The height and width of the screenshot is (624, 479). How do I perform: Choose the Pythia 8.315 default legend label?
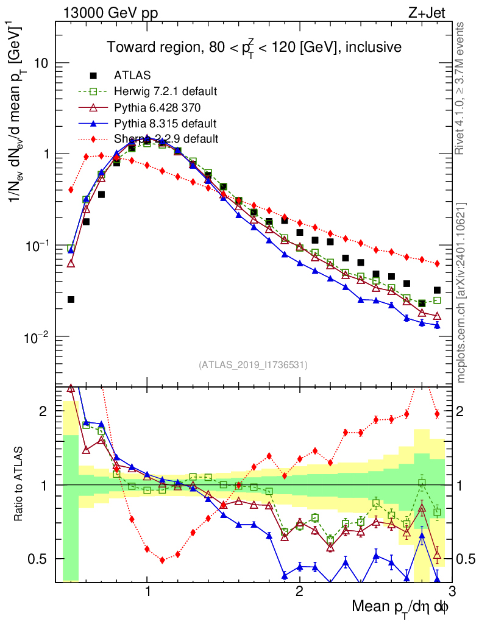point(165,123)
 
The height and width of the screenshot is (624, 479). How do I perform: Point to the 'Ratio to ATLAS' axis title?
point(20,485)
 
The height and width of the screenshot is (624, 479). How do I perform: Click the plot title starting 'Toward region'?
point(254,47)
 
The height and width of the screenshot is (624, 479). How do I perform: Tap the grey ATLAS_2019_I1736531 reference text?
point(253,365)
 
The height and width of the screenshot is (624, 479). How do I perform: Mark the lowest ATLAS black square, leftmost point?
point(71,299)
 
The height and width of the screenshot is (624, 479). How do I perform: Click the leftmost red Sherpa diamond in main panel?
point(71,190)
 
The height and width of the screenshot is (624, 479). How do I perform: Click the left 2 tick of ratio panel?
point(45,412)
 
